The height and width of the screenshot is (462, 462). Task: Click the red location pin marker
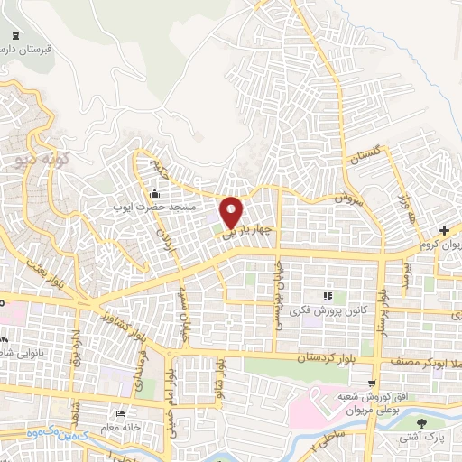[231, 211]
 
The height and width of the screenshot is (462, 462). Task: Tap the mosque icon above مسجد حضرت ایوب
[155, 192]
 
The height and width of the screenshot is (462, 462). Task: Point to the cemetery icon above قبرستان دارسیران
[13, 35]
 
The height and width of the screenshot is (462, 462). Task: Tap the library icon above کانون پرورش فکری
[328, 295]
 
